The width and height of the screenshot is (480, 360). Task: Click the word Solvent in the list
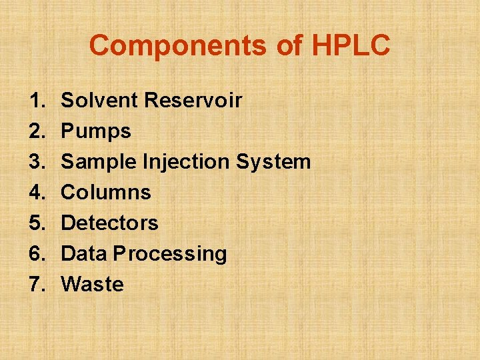[x=99, y=101]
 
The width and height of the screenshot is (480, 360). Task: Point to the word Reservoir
[x=193, y=101]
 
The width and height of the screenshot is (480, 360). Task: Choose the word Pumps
[x=96, y=131]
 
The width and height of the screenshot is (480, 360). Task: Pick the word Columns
[x=106, y=193]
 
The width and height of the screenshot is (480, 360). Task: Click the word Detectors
[x=109, y=223]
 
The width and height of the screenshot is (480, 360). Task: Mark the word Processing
[x=170, y=254]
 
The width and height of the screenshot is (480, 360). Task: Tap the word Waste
[x=92, y=284]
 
